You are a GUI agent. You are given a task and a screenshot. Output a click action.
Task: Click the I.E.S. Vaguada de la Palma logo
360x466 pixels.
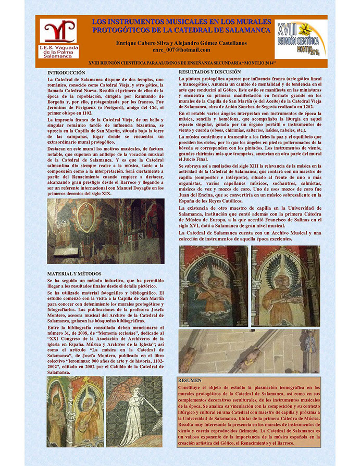(59, 37)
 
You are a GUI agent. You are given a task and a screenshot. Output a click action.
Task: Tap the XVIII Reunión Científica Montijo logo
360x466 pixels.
(301, 38)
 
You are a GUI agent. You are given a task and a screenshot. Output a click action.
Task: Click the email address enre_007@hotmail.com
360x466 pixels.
(182, 50)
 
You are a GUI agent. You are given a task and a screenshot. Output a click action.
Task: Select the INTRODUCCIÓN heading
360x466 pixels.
(66, 72)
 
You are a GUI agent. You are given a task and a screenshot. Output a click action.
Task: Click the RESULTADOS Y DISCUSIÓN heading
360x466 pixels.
(210, 71)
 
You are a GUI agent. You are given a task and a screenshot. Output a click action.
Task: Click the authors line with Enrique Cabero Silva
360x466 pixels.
(182, 42)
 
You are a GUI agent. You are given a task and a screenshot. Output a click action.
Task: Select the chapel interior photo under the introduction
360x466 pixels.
(105, 231)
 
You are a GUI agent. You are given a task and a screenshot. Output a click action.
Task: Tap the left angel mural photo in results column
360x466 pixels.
(214, 286)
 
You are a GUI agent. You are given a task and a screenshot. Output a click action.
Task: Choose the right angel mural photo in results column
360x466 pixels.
(285, 286)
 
